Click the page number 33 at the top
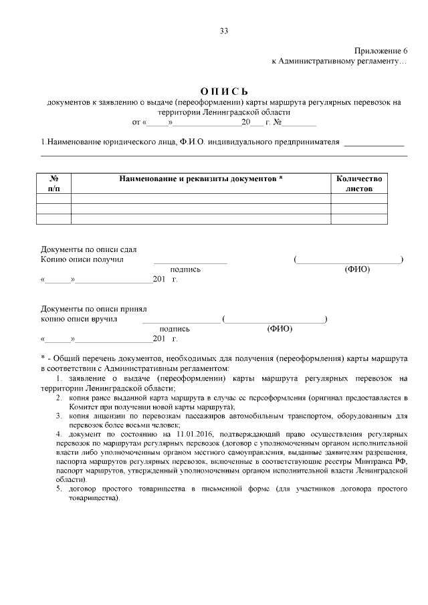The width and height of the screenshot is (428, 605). click(223, 31)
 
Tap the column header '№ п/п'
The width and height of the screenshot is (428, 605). click(53, 184)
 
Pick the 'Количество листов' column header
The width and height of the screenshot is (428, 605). click(358, 184)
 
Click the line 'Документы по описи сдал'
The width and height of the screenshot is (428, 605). click(79, 249)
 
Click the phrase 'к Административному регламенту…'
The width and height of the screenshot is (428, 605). click(339, 62)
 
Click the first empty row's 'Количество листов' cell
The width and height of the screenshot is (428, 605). click(358, 199)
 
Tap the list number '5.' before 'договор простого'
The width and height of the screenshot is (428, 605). click(59, 489)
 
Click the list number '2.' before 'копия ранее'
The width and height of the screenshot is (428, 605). click(59, 397)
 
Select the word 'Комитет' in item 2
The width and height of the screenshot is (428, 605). click(82, 406)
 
